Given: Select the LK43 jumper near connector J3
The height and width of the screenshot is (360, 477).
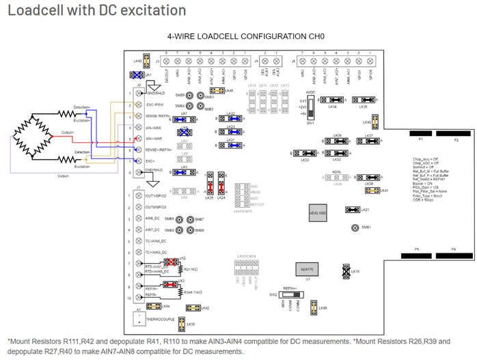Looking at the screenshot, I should [139, 62].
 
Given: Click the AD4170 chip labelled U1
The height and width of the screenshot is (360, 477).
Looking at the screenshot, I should [303, 268].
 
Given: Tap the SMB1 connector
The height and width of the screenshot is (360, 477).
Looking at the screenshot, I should [355, 229].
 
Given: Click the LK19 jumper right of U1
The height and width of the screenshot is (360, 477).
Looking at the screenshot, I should [346, 271].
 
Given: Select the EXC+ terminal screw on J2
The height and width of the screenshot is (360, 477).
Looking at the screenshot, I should [140, 159].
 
